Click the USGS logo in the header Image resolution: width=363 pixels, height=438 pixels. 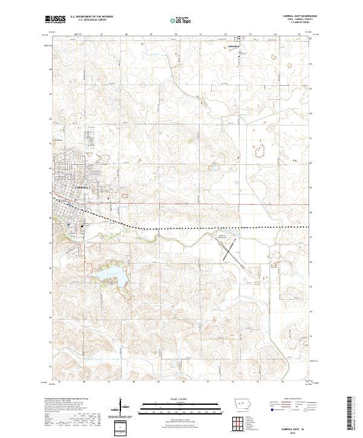point(56,19)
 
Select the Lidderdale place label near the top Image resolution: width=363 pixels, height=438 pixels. point(233,47)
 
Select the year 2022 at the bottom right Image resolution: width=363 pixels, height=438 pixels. point(296,431)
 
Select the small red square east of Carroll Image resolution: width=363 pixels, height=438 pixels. point(108,198)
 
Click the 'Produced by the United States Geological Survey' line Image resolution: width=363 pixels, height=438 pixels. point(67,399)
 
